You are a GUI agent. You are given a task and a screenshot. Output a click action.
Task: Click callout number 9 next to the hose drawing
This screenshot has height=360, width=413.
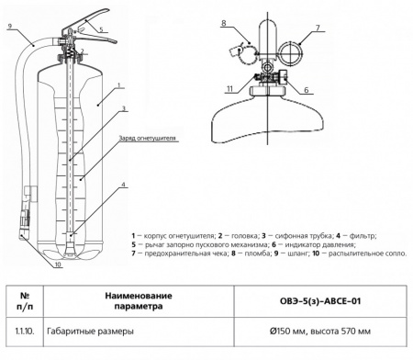click(x=7, y=27)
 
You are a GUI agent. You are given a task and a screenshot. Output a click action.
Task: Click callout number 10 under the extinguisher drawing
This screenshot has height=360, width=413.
click(x=56, y=264)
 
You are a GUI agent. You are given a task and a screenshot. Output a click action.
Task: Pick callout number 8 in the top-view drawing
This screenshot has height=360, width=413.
click(x=224, y=19)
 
